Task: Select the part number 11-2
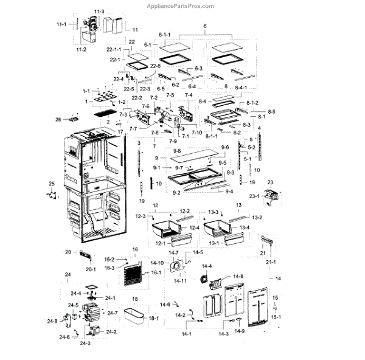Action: (x=81, y=48)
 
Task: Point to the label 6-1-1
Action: (x=164, y=35)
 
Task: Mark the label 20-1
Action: (x=91, y=268)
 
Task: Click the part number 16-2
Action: (x=109, y=260)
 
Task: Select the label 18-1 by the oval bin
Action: (x=154, y=318)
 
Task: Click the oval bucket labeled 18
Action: (x=137, y=316)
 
